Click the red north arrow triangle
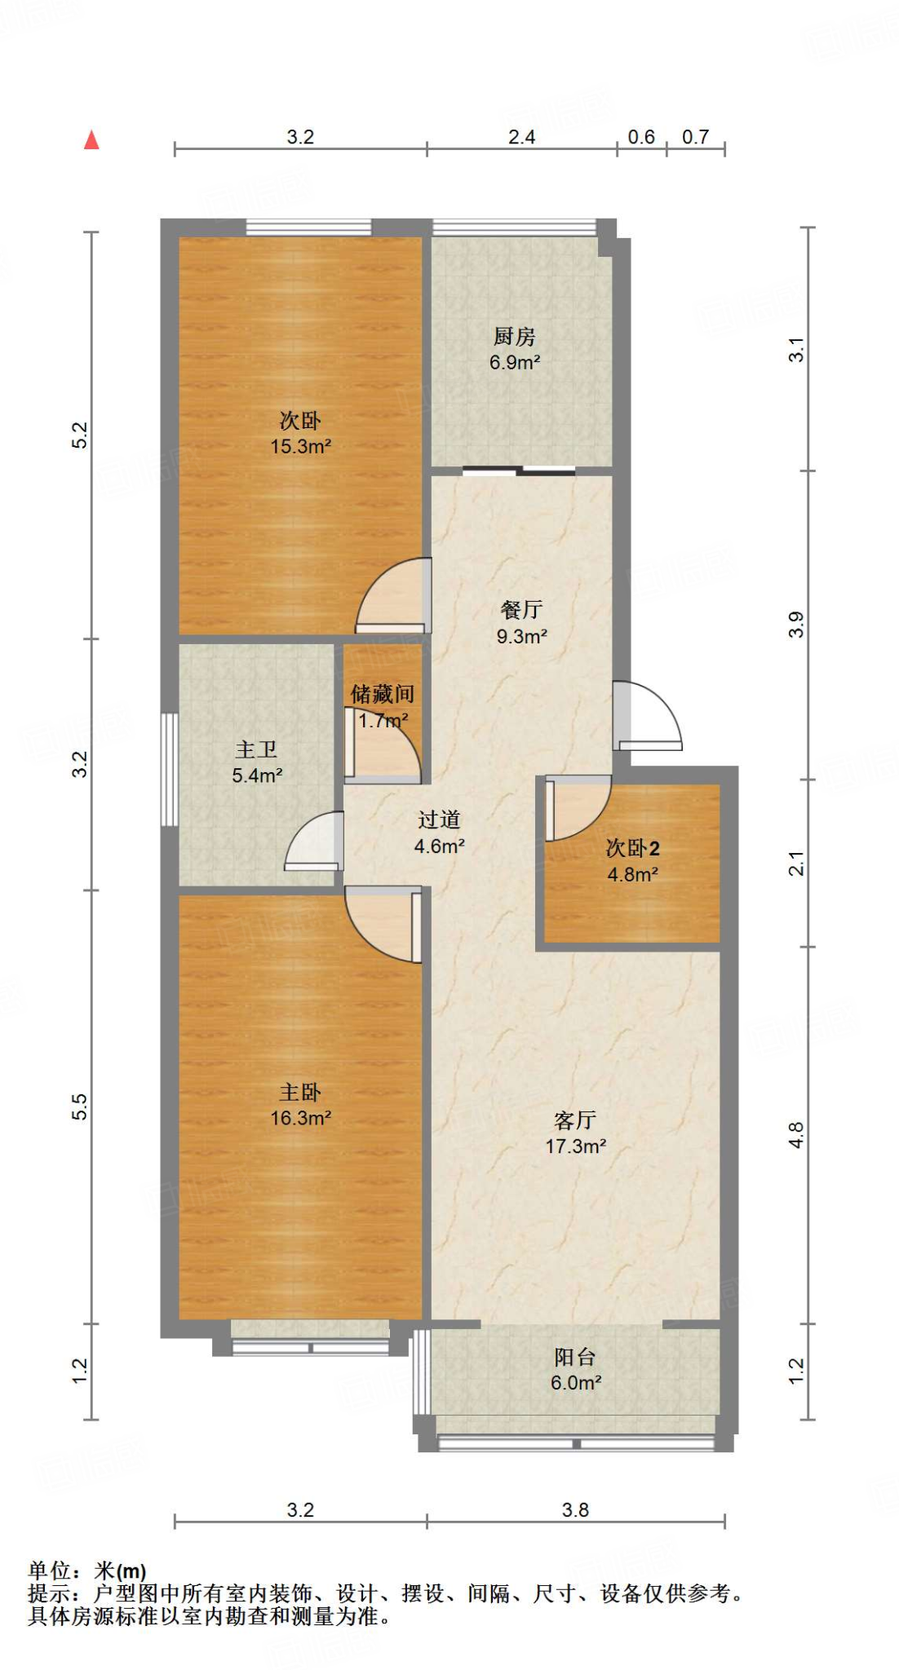[91, 140]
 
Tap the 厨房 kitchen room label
[514, 336]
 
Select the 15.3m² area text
[300, 447]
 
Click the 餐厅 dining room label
[521, 609]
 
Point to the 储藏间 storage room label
[383, 694]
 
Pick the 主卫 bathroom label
[256, 749]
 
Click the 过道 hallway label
[439, 820]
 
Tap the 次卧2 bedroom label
[632, 848]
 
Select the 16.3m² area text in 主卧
[300, 1118]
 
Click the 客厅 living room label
[575, 1120]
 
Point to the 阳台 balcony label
[575, 1357]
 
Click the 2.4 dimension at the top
[521, 137]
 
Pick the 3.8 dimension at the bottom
[575, 1510]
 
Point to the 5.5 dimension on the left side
[79, 1107]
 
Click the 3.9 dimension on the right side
[796, 625]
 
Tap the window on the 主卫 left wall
[169, 769]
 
